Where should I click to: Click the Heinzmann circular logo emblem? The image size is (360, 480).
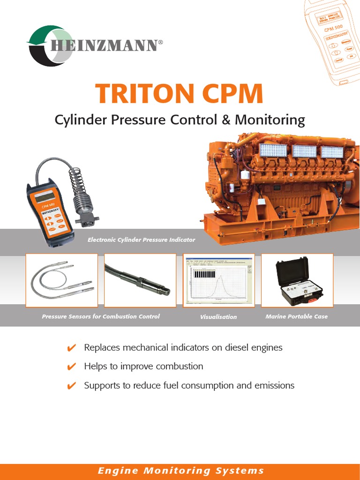(x=49, y=45)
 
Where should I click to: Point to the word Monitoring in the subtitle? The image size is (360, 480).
(x=270, y=120)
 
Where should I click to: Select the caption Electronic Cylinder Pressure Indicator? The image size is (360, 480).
(x=141, y=240)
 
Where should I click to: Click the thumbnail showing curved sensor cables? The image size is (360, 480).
(x=61, y=280)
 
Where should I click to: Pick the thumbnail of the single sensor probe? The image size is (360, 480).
(x=140, y=280)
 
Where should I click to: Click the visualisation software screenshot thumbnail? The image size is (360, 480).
(x=218, y=280)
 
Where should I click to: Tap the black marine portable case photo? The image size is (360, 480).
(x=297, y=280)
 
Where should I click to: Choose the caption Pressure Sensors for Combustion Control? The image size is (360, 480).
(x=100, y=316)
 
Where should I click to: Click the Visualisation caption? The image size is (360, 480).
(x=218, y=317)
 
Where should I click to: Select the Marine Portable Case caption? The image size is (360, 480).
(x=296, y=316)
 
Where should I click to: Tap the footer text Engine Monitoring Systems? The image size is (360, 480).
(x=180, y=471)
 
